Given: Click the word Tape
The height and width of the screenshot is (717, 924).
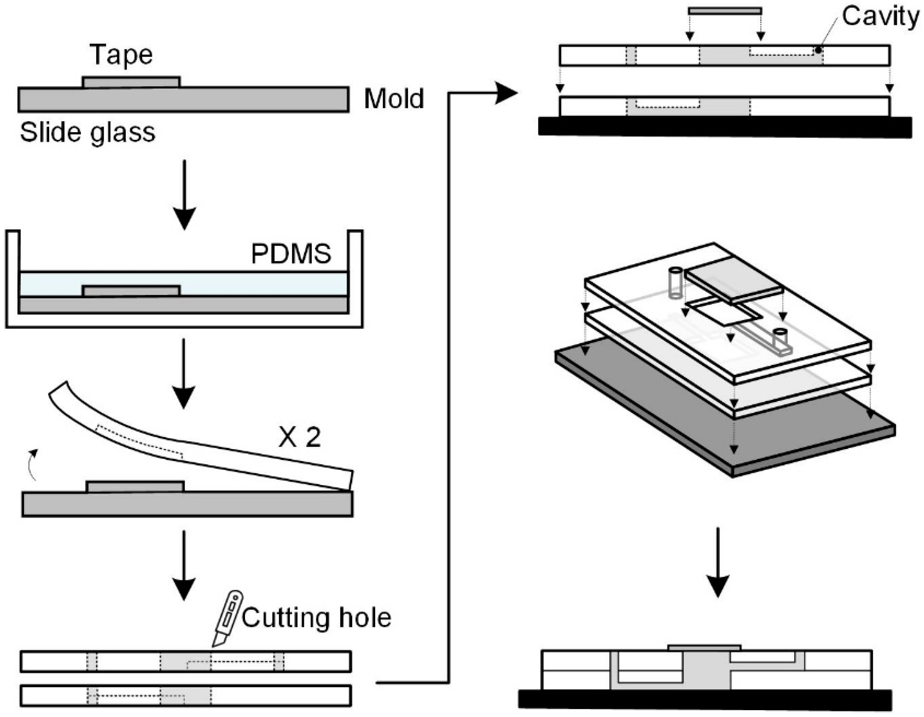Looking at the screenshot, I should (121, 55).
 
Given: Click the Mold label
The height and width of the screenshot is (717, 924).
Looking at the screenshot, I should (394, 99).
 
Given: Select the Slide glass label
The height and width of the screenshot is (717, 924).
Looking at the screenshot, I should (88, 132).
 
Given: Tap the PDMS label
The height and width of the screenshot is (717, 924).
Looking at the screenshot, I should (291, 254).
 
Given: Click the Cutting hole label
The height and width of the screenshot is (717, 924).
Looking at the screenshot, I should (316, 618).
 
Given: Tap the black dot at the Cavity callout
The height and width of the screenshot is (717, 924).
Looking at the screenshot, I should (818, 50).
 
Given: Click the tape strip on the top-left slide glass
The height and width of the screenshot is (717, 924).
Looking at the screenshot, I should (131, 82).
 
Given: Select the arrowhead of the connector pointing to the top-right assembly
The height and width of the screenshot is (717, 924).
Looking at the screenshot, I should (505, 93).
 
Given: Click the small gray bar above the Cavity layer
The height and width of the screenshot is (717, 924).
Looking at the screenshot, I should (725, 11).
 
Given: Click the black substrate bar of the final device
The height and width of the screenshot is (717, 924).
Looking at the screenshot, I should (705, 699).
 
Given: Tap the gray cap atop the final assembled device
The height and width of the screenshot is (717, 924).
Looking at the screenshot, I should (705, 648).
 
